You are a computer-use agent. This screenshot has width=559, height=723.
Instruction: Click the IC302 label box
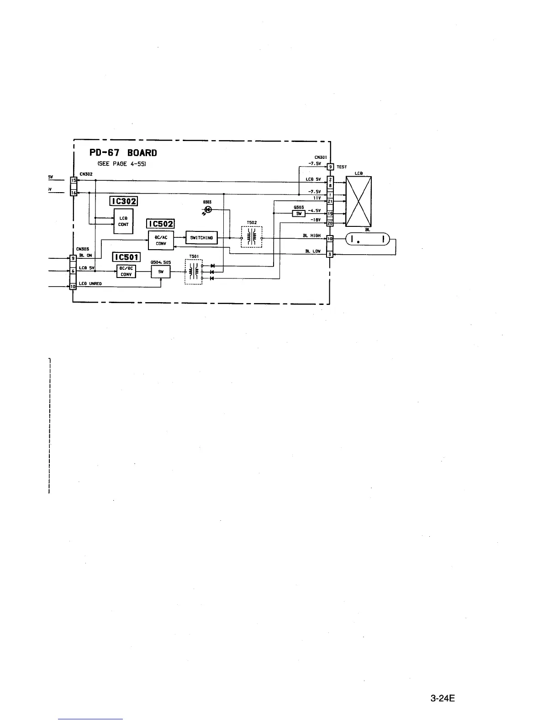pyautogui.click(x=123, y=201)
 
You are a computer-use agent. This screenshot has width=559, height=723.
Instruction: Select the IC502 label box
pyautogui.click(x=160, y=224)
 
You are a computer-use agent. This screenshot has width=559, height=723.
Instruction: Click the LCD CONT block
pyautogui.click(x=123, y=221)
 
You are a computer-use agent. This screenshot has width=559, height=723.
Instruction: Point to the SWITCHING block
pyautogui.click(x=201, y=238)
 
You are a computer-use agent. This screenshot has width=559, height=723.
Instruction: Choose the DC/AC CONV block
pyautogui.click(x=161, y=241)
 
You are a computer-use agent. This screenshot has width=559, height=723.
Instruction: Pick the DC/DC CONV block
pyautogui.click(x=126, y=272)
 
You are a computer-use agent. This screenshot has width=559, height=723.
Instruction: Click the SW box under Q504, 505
pyautogui.click(x=160, y=272)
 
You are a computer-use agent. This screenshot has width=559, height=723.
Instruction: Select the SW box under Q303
pyautogui.click(x=299, y=213)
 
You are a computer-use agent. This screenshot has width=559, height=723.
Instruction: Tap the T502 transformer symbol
pyautogui.click(x=252, y=237)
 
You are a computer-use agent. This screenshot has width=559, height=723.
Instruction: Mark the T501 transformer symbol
pyautogui.click(x=194, y=272)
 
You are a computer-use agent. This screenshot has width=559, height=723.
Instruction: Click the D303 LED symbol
pyautogui.click(x=208, y=210)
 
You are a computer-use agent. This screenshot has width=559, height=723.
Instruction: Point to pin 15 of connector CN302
pyautogui.click(x=72, y=180)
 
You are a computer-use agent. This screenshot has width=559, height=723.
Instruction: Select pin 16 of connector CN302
pyautogui.click(x=72, y=193)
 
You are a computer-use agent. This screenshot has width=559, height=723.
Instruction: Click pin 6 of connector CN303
pyautogui.click(x=72, y=271)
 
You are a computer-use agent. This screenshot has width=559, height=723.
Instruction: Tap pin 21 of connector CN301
pyautogui.click(x=330, y=201)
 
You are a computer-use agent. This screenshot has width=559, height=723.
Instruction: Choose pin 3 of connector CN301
pyautogui.click(x=330, y=254)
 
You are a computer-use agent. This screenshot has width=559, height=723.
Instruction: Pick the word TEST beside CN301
pyautogui.click(x=342, y=167)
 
